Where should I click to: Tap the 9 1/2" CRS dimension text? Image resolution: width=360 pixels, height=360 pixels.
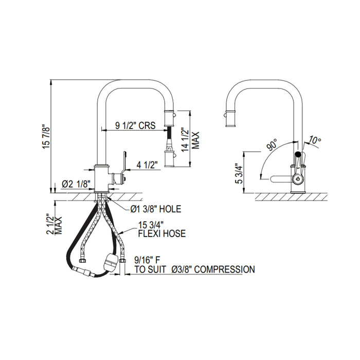point(135,125)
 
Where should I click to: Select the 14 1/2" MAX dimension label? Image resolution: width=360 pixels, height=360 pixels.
point(190,140)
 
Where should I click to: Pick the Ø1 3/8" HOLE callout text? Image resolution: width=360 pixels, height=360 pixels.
point(155,209)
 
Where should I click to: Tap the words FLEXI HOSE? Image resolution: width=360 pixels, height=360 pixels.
point(162,233)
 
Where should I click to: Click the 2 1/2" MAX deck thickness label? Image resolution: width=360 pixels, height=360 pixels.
point(54,224)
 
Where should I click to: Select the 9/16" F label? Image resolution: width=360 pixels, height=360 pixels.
point(147,260)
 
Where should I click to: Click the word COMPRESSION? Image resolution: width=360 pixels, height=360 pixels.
point(225,269)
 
